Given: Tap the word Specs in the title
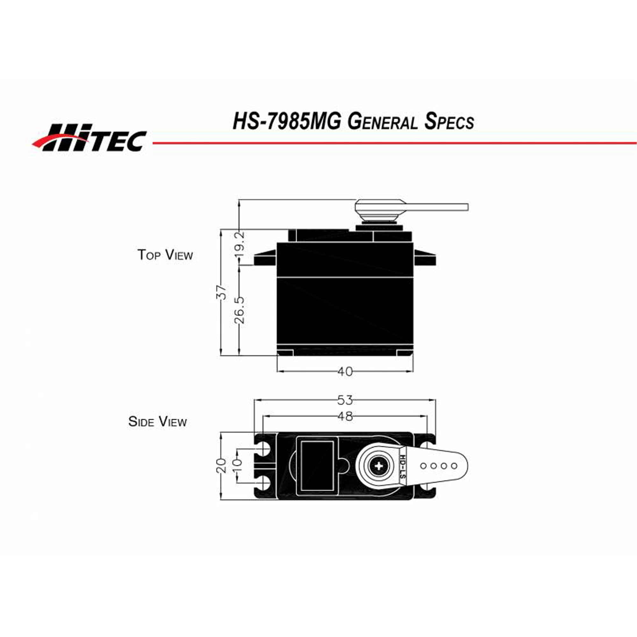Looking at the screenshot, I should [x=449, y=122].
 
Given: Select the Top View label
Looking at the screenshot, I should [x=165, y=255].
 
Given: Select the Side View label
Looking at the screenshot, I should [x=158, y=422].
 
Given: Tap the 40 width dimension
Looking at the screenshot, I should [x=345, y=372].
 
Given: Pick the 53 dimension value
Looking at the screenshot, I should [x=345, y=400].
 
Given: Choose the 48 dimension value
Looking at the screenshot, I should [x=345, y=416].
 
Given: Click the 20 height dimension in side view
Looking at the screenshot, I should [x=222, y=466].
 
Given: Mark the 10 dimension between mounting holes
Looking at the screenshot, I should [x=238, y=466].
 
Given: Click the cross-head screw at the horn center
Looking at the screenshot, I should [x=379, y=466].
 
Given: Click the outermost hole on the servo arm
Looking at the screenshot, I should [x=454, y=466].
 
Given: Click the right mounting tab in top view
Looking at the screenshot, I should [x=425, y=258].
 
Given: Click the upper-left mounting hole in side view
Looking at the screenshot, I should [x=265, y=448].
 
